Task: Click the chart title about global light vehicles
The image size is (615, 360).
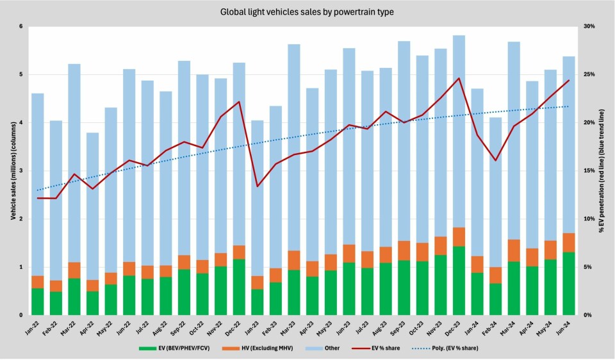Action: point(307,12)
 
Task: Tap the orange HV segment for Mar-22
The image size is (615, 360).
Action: point(74,270)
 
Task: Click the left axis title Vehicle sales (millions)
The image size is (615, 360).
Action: point(11,171)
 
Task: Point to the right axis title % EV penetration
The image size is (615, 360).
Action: point(603,171)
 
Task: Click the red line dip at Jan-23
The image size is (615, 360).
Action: point(257,186)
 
